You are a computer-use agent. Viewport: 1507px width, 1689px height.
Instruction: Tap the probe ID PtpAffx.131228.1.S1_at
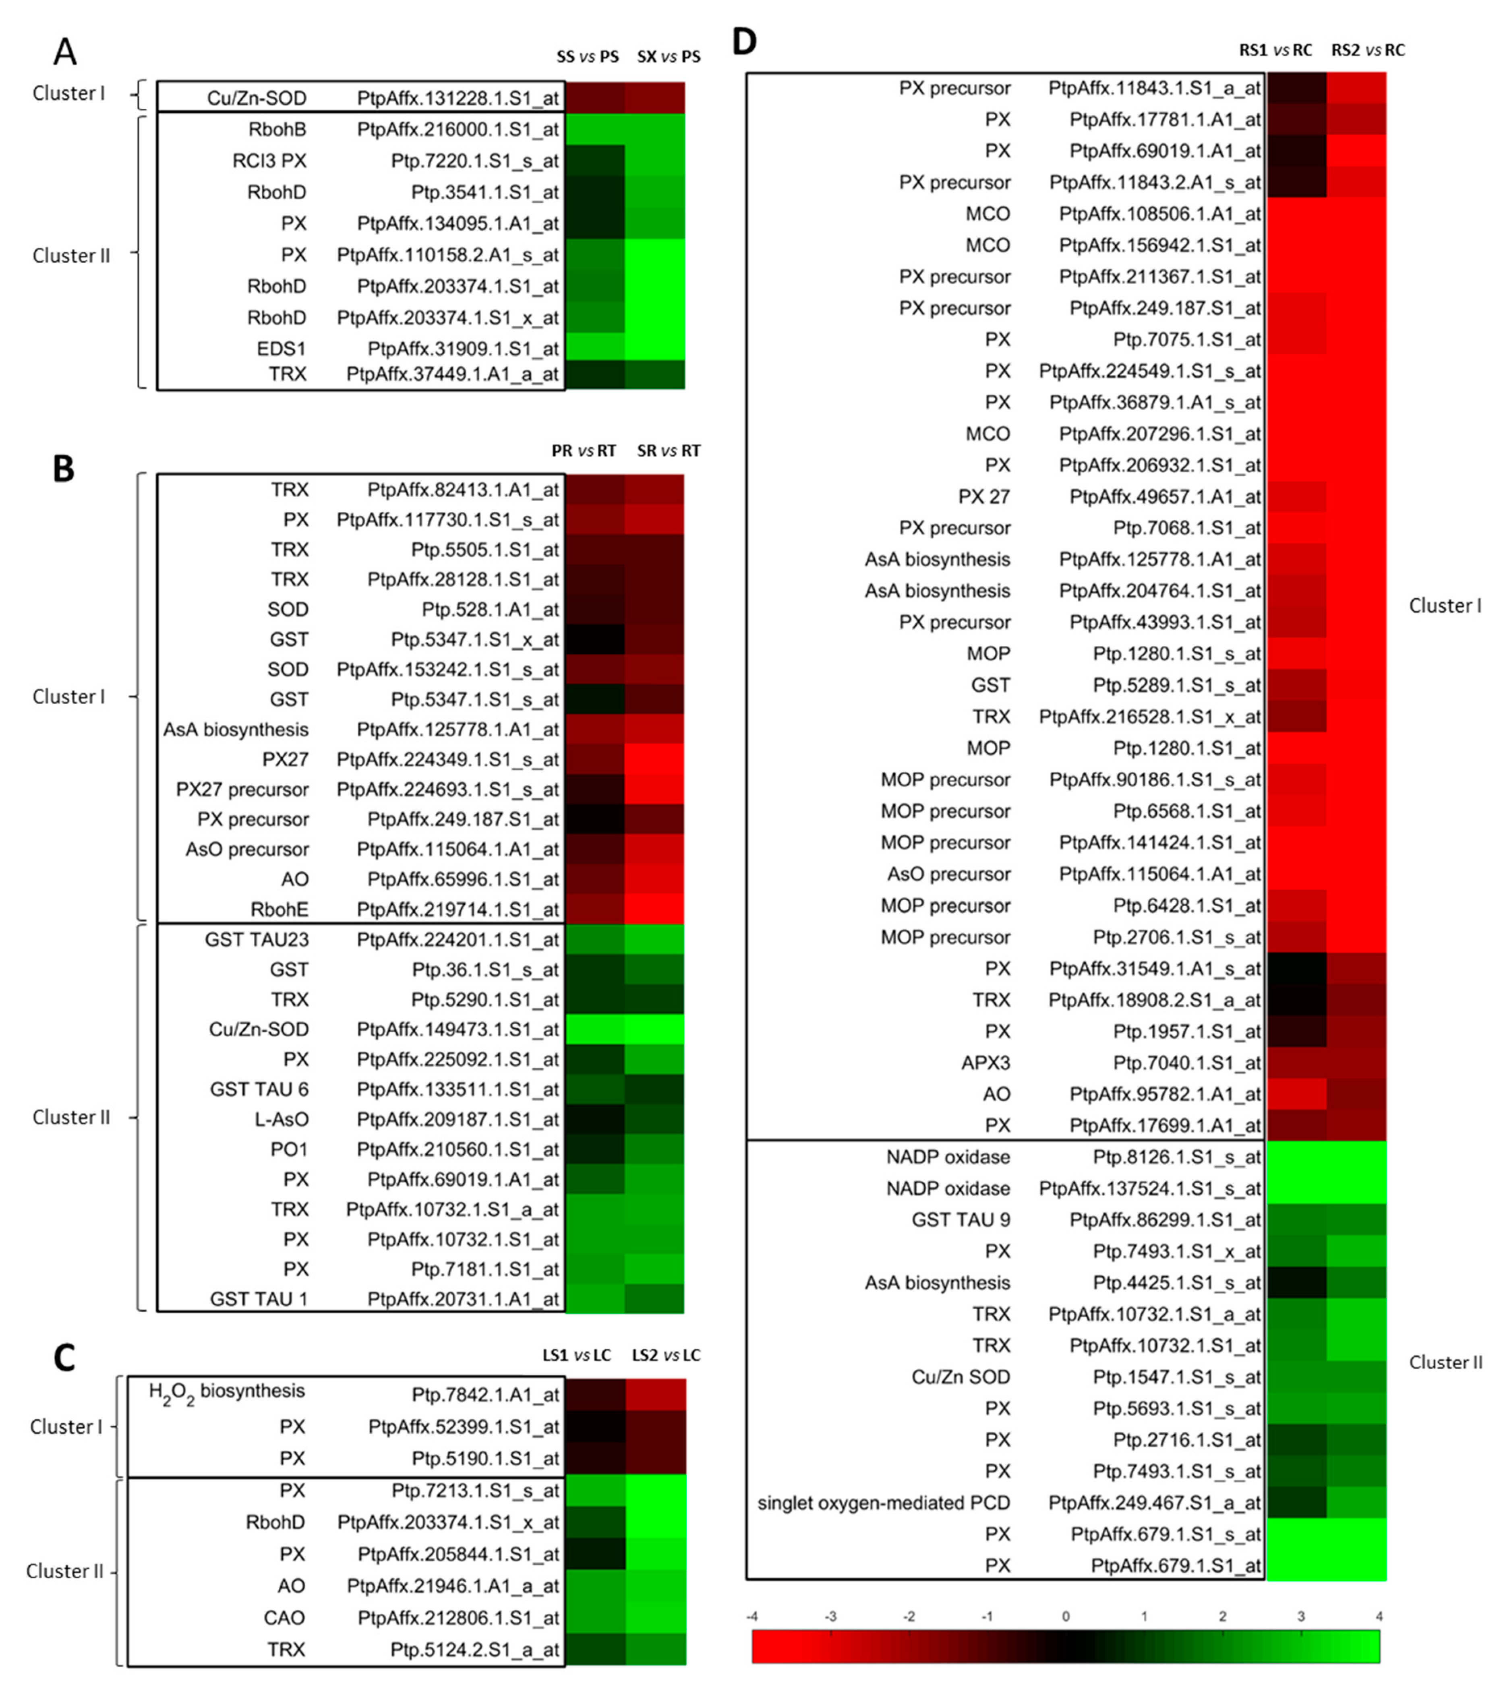pos(458,99)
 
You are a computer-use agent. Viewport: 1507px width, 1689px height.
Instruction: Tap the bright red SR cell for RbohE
pos(654,908)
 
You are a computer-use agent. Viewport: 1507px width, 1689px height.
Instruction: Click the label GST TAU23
pos(257,940)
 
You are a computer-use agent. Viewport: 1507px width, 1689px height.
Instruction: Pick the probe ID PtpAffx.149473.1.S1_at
pos(458,1029)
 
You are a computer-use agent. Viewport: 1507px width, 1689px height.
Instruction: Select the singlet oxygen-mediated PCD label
pos(884,1503)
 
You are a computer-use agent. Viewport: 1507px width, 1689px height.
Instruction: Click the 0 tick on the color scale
pos(1066,1616)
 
